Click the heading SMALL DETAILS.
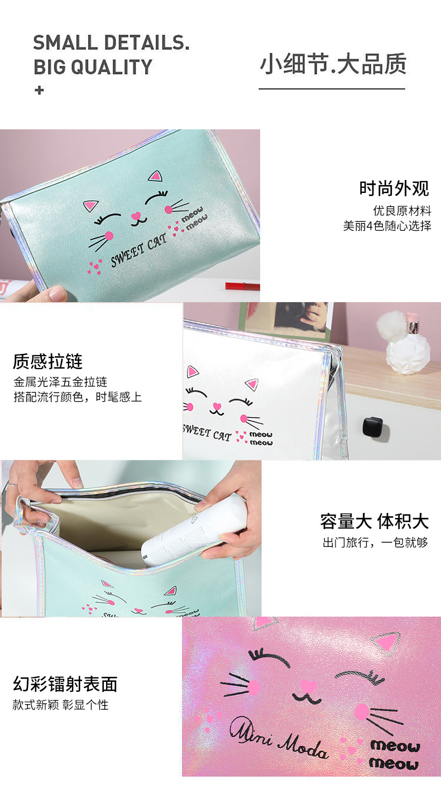111,42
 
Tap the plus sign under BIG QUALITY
39,90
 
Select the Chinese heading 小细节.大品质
333,65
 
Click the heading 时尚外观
394,188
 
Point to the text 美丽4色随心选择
387,226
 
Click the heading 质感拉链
48,361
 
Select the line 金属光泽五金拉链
60,382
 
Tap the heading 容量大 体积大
374,521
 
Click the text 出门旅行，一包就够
375,542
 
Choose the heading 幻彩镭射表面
65,684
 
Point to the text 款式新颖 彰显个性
60,705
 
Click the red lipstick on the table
242,286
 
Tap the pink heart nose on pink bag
308,685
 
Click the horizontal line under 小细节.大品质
332,89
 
